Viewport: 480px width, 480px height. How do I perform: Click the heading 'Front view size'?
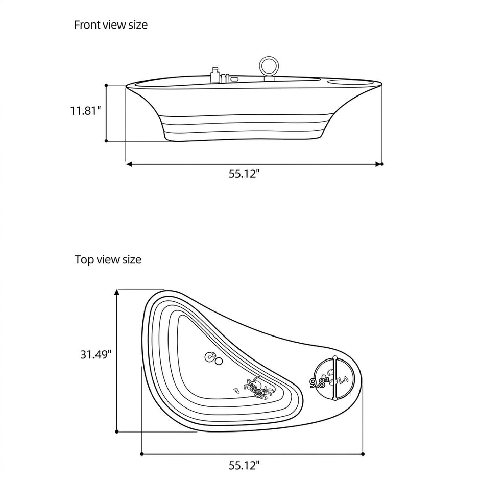click(x=111, y=25)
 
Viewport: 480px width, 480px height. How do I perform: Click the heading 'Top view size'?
click(x=108, y=259)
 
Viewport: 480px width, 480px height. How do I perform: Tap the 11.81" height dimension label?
click(x=85, y=110)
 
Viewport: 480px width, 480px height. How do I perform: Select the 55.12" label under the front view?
click(x=244, y=174)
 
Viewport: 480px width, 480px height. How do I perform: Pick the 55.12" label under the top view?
click(x=244, y=466)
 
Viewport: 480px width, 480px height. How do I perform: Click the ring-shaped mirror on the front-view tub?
click(x=269, y=65)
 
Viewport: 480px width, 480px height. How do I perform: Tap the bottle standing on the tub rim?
click(x=215, y=75)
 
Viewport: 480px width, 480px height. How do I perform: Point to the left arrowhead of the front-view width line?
click(x=129, y=164)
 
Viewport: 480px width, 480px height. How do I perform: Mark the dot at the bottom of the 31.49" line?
click(x=117, y=431)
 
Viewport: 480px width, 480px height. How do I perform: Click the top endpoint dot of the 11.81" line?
click(x=106, y=85)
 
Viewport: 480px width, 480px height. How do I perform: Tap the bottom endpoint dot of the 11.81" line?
click(x=106, y=141)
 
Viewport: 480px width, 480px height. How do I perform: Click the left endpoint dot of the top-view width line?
click(x=142, y=454)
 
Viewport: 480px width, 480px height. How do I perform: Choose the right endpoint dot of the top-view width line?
click(x=363, y=454)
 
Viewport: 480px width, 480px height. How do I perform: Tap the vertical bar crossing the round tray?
click(x=335, y=378)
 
